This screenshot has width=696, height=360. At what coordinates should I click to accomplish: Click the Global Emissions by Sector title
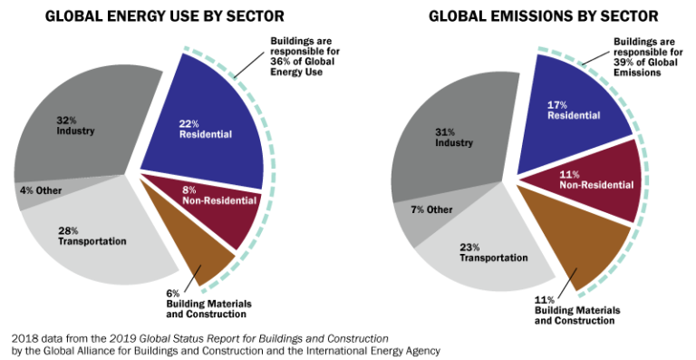[517, 15]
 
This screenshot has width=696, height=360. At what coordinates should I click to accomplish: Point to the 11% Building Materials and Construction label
[577, 310]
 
